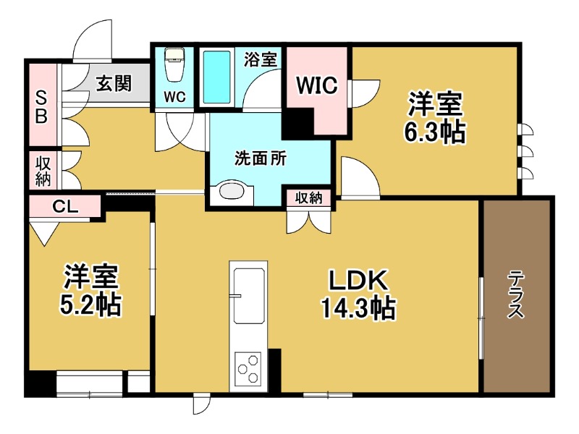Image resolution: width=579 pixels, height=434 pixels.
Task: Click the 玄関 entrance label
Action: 114,84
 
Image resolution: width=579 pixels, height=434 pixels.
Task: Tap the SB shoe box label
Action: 41,106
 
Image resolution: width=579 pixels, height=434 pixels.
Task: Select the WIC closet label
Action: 316,85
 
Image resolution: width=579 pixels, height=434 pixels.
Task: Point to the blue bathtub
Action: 216,77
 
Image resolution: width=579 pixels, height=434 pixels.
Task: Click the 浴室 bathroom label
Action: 261,59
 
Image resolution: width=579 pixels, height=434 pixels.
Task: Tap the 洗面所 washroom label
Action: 258,159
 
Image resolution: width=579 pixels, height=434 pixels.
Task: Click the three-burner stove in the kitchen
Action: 248,367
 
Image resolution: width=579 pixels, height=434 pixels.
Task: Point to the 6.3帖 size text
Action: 434,134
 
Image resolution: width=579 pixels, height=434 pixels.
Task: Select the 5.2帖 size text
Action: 90,306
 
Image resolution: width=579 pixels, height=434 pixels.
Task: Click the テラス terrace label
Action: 517,294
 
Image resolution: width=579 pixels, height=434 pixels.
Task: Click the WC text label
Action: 174,96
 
